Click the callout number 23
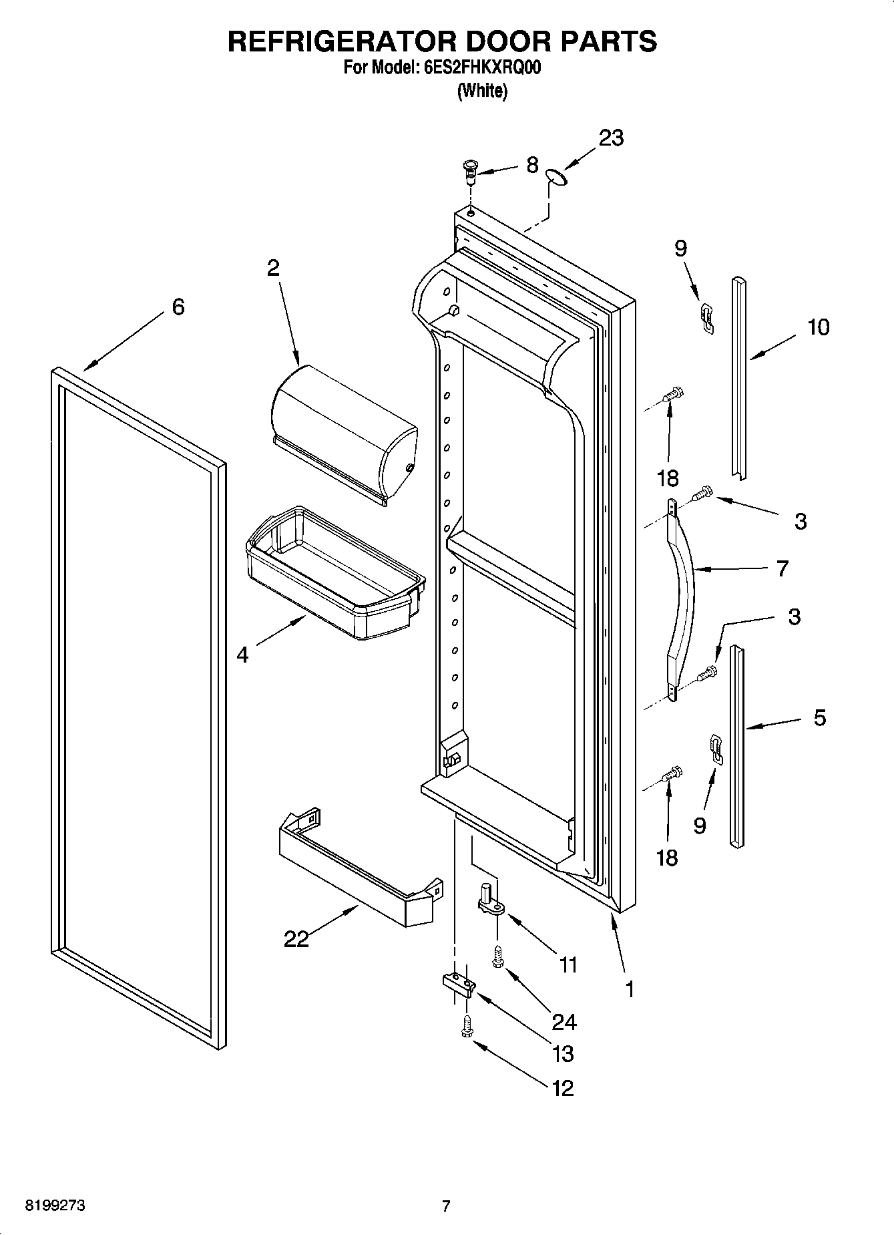(x=610, y=138)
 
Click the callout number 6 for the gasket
(x=178, y=307)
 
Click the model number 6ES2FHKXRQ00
(x=478, y=68)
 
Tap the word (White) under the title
(x=482, y=92)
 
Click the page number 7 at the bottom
(x=446, y=1206)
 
